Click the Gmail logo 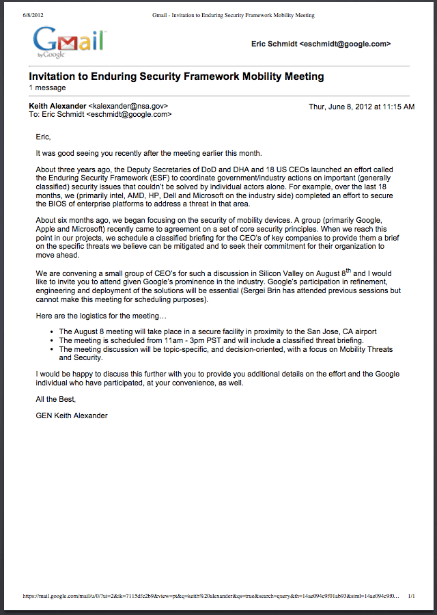(69, 42)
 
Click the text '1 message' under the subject (47, 88)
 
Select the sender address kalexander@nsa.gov (128, 107)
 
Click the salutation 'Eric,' (44, 137)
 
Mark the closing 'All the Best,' (56, 399)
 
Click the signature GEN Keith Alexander (72, 415)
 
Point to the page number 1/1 (411, 596)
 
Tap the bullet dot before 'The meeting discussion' (53, 349)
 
